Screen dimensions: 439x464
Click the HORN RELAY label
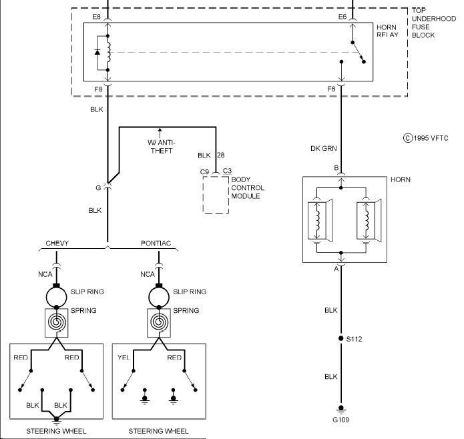(x=387, y=31)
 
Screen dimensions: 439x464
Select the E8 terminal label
(x=97, y=16)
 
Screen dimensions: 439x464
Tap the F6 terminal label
(x=331, y=89)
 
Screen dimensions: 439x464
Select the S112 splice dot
(x=340, y=339)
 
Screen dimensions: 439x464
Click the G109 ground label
(x=340, y=420)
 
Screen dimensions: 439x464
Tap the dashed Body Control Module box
(x=216, y=195)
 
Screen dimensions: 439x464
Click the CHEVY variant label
(x=57, y=243)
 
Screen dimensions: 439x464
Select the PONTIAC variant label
(x=156, y=243)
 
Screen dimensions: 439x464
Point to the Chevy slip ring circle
(x=57, y=294)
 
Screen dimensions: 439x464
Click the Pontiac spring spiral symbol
(x=159, y=322)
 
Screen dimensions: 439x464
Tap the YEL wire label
(x=125, y=358)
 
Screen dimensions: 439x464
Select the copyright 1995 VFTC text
(x=427, y=138)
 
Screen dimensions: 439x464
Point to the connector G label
(x=98, y=188)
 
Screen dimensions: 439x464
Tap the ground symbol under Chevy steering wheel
(x=57, y=419)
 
